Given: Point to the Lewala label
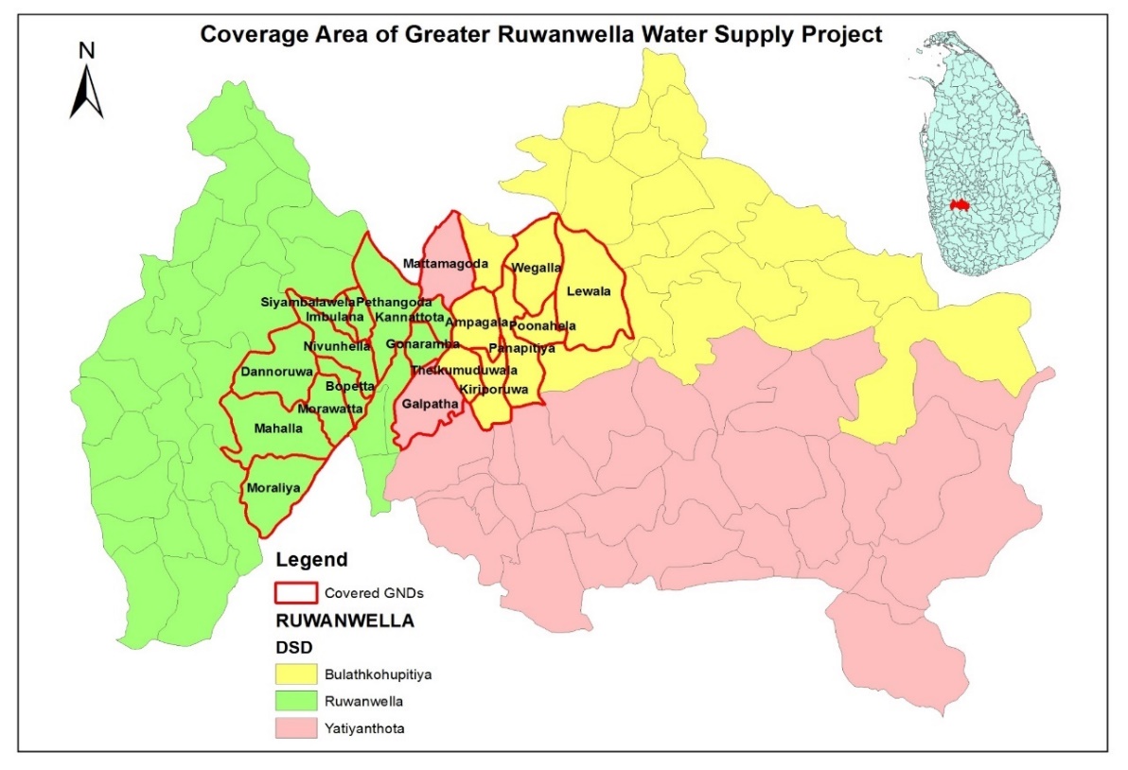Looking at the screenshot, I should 589,291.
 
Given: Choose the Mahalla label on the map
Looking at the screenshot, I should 278,429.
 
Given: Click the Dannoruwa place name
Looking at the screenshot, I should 277,372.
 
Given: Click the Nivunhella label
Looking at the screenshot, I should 337,346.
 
